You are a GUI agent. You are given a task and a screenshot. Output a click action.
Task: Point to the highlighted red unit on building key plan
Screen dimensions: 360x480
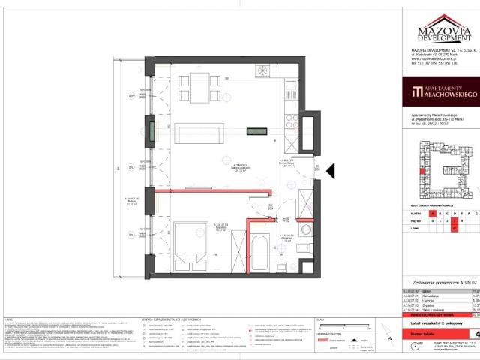425,172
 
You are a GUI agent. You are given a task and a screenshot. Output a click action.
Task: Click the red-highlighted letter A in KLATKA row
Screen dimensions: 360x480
433,214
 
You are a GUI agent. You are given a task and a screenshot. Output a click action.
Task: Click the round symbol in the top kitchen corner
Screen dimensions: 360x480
263,71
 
